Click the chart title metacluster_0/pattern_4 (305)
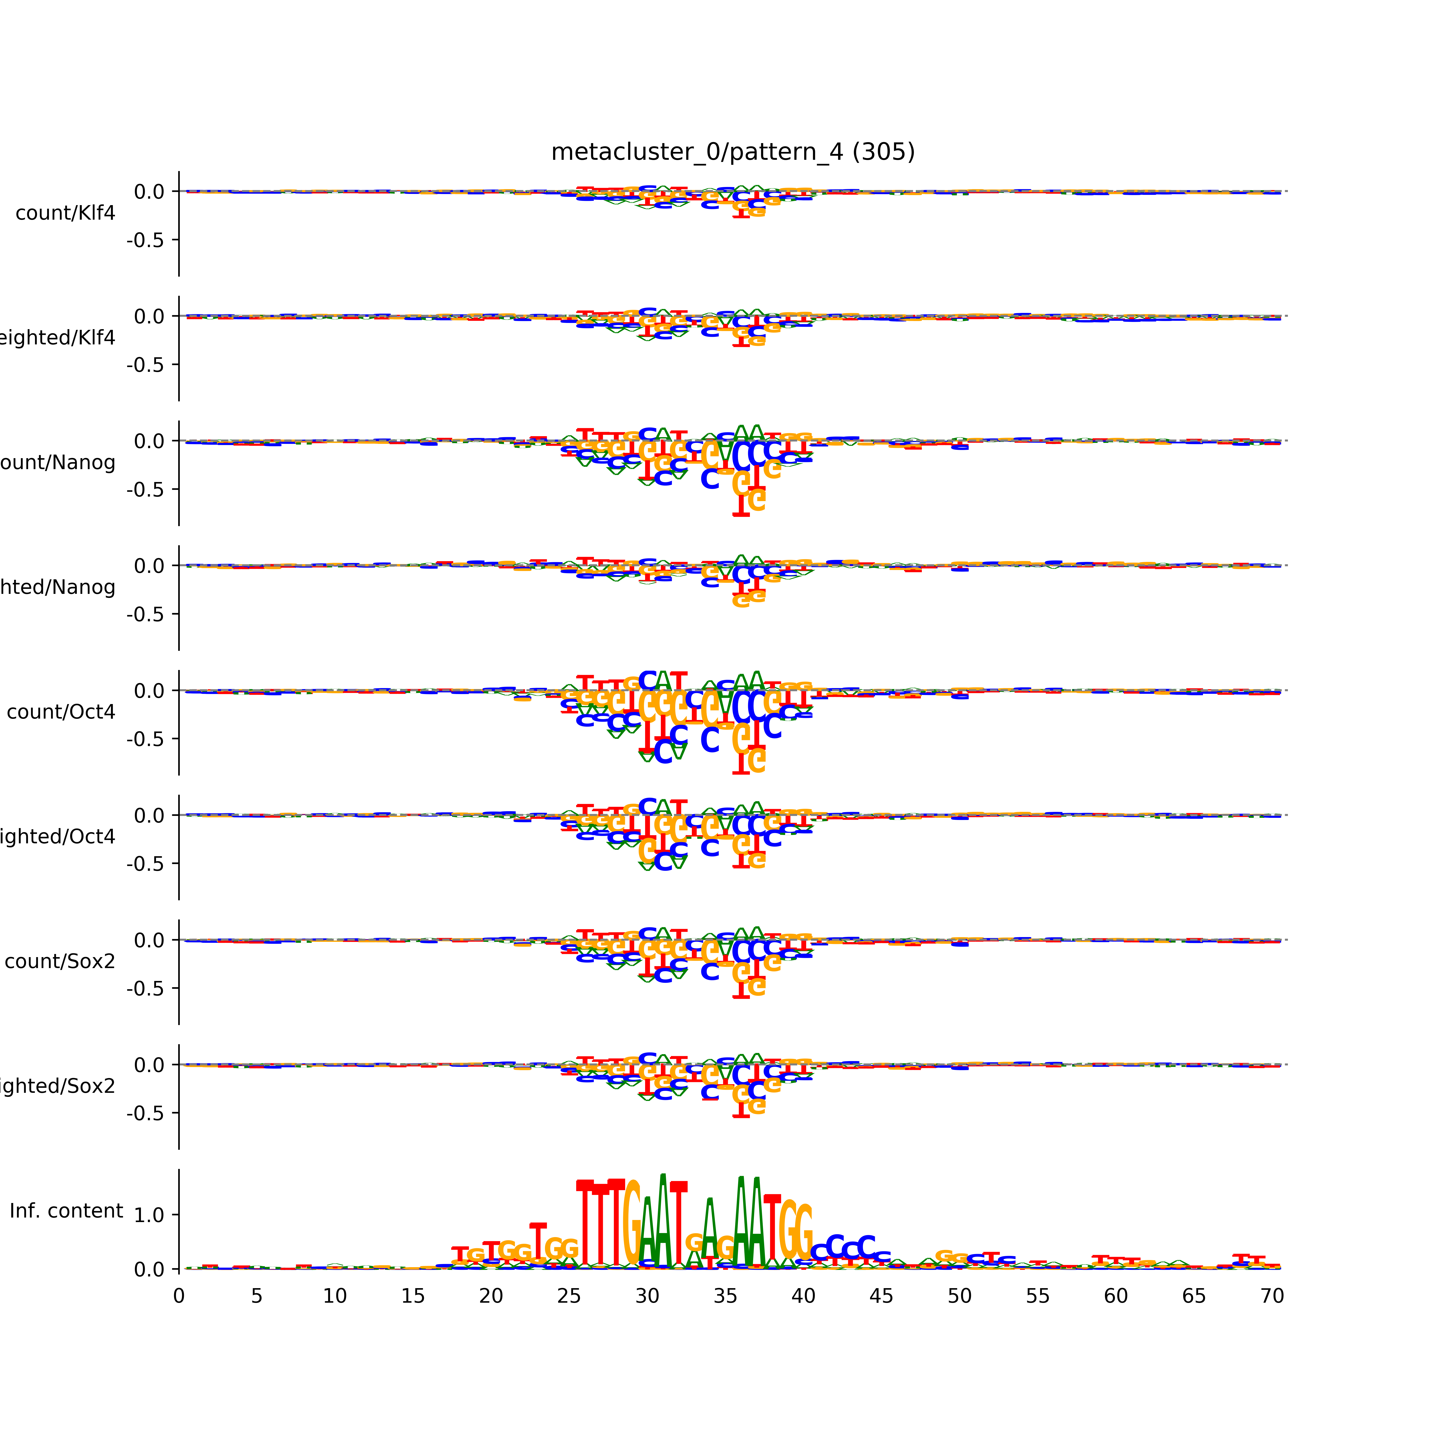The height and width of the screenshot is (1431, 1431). coord(732,152)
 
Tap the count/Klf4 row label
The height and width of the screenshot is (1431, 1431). coord(65,213)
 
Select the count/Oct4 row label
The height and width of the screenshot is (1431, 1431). coord(61,713)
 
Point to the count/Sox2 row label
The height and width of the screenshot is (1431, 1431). coord(60,961)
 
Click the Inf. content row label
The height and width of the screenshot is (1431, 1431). coord(66,1211)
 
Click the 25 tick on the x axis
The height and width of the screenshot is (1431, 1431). coord(569,1296)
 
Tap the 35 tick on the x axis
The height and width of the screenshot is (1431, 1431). coord(725,1296)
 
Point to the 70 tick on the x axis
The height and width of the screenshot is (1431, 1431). coord(1272,1296)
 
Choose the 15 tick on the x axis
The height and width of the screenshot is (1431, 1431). coord(413,1296)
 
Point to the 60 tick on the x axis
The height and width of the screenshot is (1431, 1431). coord(1115,1296)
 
